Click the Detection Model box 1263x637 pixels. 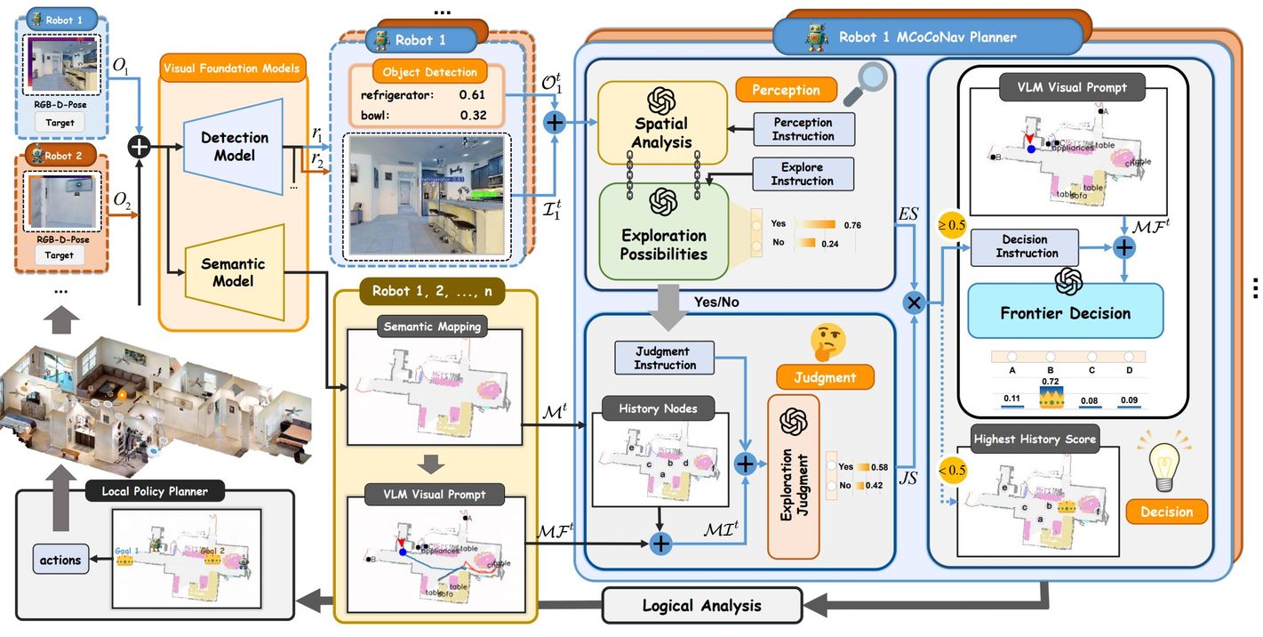coord(228,148)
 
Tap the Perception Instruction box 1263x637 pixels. coord(803,129)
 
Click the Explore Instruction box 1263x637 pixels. coord(802,173)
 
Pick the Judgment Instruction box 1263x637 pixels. coord(665,358)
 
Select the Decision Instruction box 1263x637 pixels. coord(1024,246)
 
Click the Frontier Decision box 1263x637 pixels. coord(1065,311)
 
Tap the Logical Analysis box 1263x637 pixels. coord(701,606)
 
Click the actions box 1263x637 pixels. coord(60,560)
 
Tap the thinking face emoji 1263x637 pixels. coord(827,340)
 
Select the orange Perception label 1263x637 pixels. coord(785,90)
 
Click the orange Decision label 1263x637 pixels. coord(1166,512)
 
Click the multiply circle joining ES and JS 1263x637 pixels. coord(913,303)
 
